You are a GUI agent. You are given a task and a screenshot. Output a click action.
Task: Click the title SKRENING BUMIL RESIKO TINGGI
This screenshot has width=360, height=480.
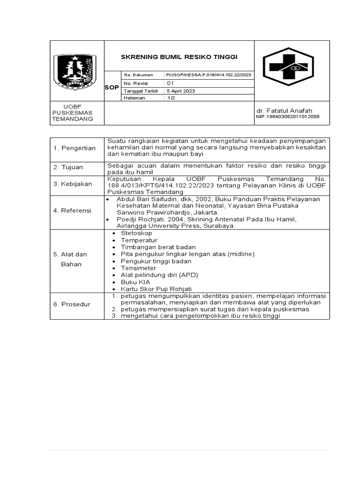[x=180, y=57]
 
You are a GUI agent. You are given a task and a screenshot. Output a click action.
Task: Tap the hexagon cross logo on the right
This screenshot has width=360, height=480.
[x=285, y=68]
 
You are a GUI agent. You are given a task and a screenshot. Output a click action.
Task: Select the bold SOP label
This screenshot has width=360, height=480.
[x=112, y=87]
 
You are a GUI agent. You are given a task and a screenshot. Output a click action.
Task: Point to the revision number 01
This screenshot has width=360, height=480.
[x=168, y=83]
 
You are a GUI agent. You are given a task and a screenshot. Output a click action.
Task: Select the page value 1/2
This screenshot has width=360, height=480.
[x=168, y=98]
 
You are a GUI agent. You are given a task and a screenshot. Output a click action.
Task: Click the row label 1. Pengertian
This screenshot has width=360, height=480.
[x=74, y=148]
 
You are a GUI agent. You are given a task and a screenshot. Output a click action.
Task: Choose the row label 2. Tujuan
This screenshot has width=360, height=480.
[x=68, y=167]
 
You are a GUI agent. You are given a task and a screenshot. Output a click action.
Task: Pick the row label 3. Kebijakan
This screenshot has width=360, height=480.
[x=72, y=184]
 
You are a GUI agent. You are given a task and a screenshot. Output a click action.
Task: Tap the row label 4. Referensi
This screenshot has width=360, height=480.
[x=72, y=210]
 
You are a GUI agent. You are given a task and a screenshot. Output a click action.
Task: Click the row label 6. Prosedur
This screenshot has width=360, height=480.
[x=72, y=304]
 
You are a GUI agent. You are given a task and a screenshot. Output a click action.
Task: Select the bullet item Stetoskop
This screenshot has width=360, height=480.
[x=136, y=233]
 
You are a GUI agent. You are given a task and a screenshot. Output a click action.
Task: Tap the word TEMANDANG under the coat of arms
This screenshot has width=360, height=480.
[x=73, y=119]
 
